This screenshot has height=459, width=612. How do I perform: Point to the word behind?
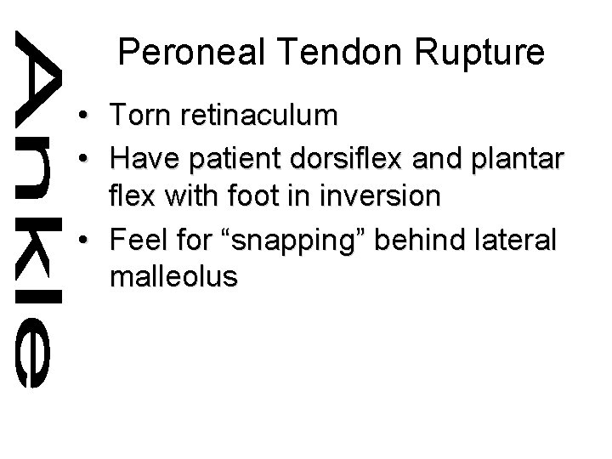tap(417, 240)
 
